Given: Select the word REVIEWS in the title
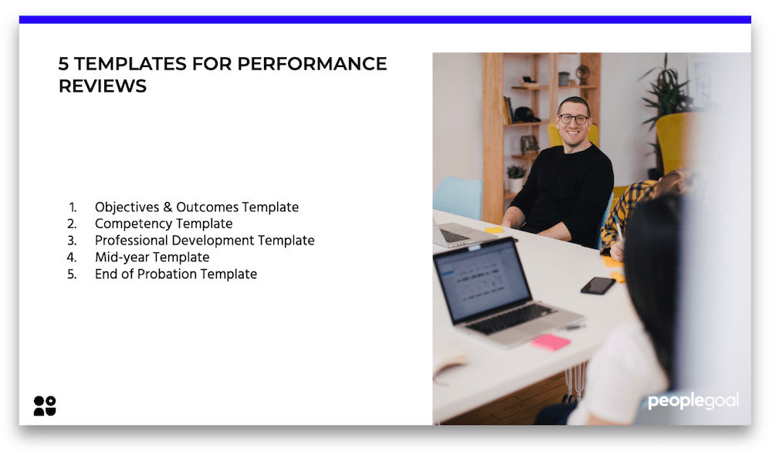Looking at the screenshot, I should coord(102,86).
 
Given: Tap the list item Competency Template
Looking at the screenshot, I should coord(163,224).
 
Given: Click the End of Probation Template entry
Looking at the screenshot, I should coord(175,274).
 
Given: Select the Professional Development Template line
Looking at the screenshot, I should coord(204,241).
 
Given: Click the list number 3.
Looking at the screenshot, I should coord(72,241).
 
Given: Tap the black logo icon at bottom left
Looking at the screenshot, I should coord(45,406).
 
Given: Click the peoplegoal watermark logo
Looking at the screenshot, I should coord(692,401).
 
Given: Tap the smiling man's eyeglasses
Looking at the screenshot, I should coord(573,119).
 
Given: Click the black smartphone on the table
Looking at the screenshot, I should coord(598,285).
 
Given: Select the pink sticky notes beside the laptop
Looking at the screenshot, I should coord(550,342).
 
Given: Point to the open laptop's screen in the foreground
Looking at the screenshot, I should coord(482,280).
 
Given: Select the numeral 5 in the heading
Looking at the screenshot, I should coord(63,64).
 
